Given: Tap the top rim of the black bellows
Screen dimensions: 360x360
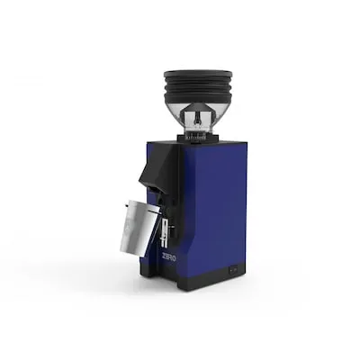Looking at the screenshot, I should [x=197, y=73].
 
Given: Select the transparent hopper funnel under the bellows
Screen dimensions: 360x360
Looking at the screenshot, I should [x=197, y=118].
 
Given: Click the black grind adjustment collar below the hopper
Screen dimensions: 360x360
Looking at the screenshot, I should [x=197, y=136].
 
